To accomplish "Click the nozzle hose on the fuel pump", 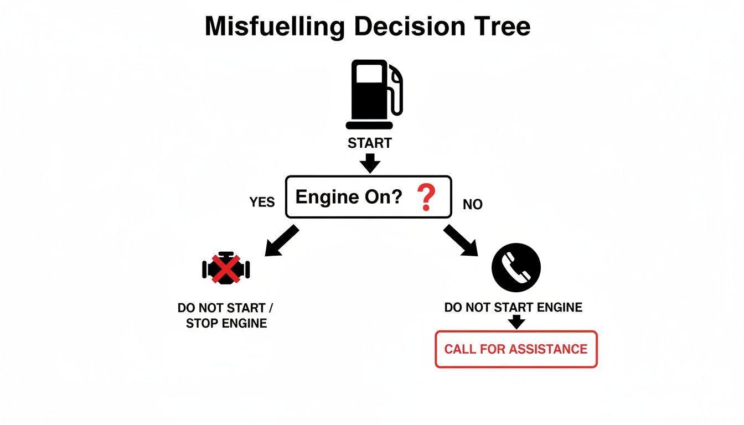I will tap(397, 91).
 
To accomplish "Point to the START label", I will tap(370, 143).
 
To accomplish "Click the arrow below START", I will tap(370, 163).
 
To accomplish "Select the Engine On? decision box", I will tap(369, 197).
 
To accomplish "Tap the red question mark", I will tap(426, 198).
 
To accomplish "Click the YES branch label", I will tap(262, 203).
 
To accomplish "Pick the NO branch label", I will tap(472, 205).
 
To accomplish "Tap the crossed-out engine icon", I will tap(226, 269).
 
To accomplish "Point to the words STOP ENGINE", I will tap(226, 323).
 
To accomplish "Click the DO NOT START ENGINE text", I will tap(513, 307).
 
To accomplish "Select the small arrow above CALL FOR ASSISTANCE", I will tap(516, 322).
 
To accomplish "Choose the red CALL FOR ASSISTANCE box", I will tap(516, 349).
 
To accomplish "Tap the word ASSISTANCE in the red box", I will tap(547, 349).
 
